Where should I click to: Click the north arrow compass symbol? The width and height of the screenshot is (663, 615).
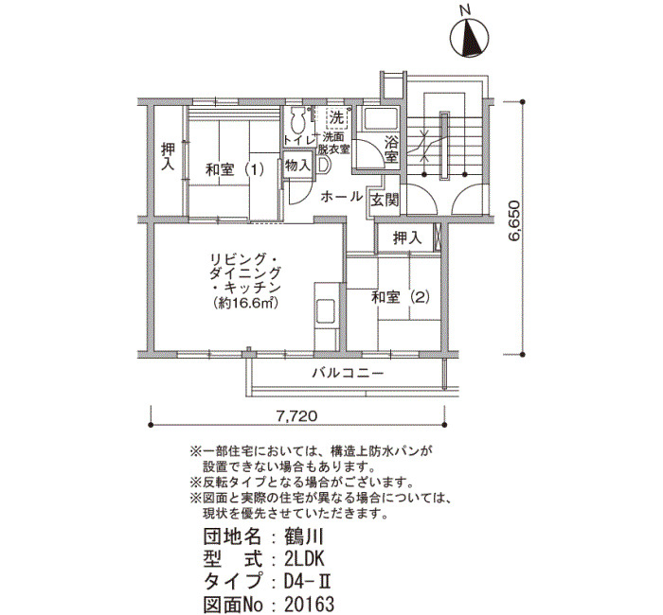tap(469, 37)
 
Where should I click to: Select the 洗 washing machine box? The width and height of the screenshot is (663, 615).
tap(337, 117)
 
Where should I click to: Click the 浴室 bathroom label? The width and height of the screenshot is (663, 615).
tap(391, 149)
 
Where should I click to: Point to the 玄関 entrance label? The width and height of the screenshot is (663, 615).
tap(385, 200)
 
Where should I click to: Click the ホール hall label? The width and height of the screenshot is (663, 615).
tap(341, 197)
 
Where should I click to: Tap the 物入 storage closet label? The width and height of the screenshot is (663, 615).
tap(297, 166)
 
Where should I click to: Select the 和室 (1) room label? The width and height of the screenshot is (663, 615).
tap(235, 169)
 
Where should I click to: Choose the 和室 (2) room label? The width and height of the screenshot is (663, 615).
tap(401, 297)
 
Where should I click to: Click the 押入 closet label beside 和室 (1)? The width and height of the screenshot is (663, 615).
tap(168, 157)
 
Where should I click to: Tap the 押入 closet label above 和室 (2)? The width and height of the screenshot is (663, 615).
tap(407, 238)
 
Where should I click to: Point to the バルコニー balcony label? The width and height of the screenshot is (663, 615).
tap(348, 373)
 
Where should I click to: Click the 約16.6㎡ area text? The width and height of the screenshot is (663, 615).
tap(245, 303)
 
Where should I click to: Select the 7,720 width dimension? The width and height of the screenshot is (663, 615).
tap(296, 416)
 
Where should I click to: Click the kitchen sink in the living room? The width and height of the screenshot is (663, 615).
tap(326, 311)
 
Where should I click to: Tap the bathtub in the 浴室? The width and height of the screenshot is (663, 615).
tap(381, 119)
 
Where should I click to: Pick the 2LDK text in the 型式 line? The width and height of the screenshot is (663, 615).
tap(304, 560)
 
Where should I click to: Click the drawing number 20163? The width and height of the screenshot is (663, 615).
tap(309, 604)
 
